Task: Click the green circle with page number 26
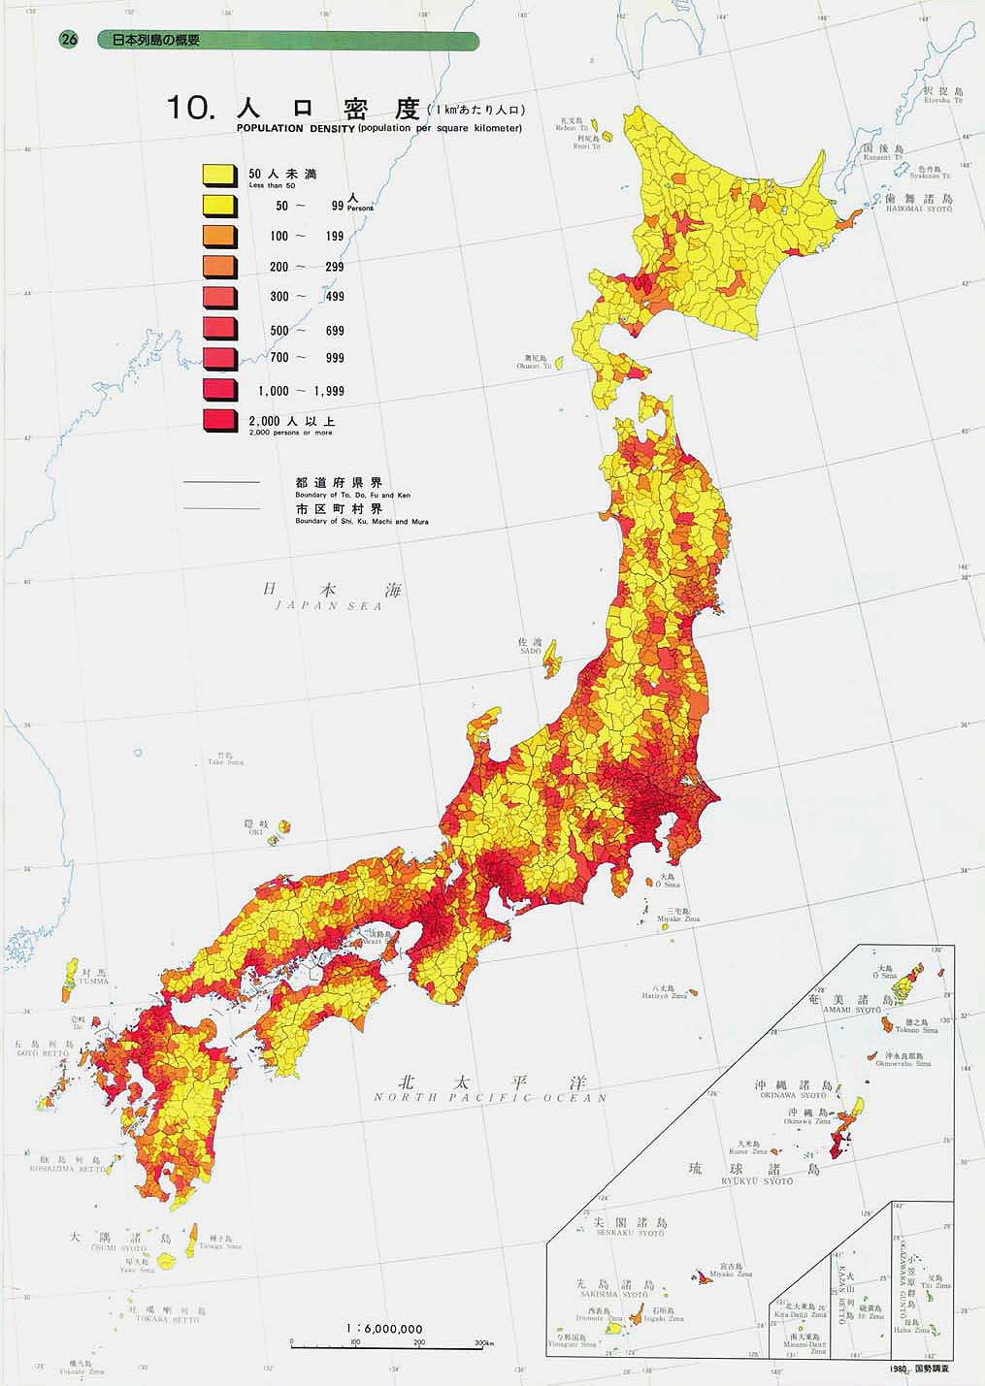click(68, 40)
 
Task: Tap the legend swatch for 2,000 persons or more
click(219, 421)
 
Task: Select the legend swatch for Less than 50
click(219, 176)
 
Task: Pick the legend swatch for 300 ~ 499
click(219, 297)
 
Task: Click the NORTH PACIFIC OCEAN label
click(491, 1098)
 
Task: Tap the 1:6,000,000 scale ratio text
click(383, 1328)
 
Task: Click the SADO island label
click(530, 652)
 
